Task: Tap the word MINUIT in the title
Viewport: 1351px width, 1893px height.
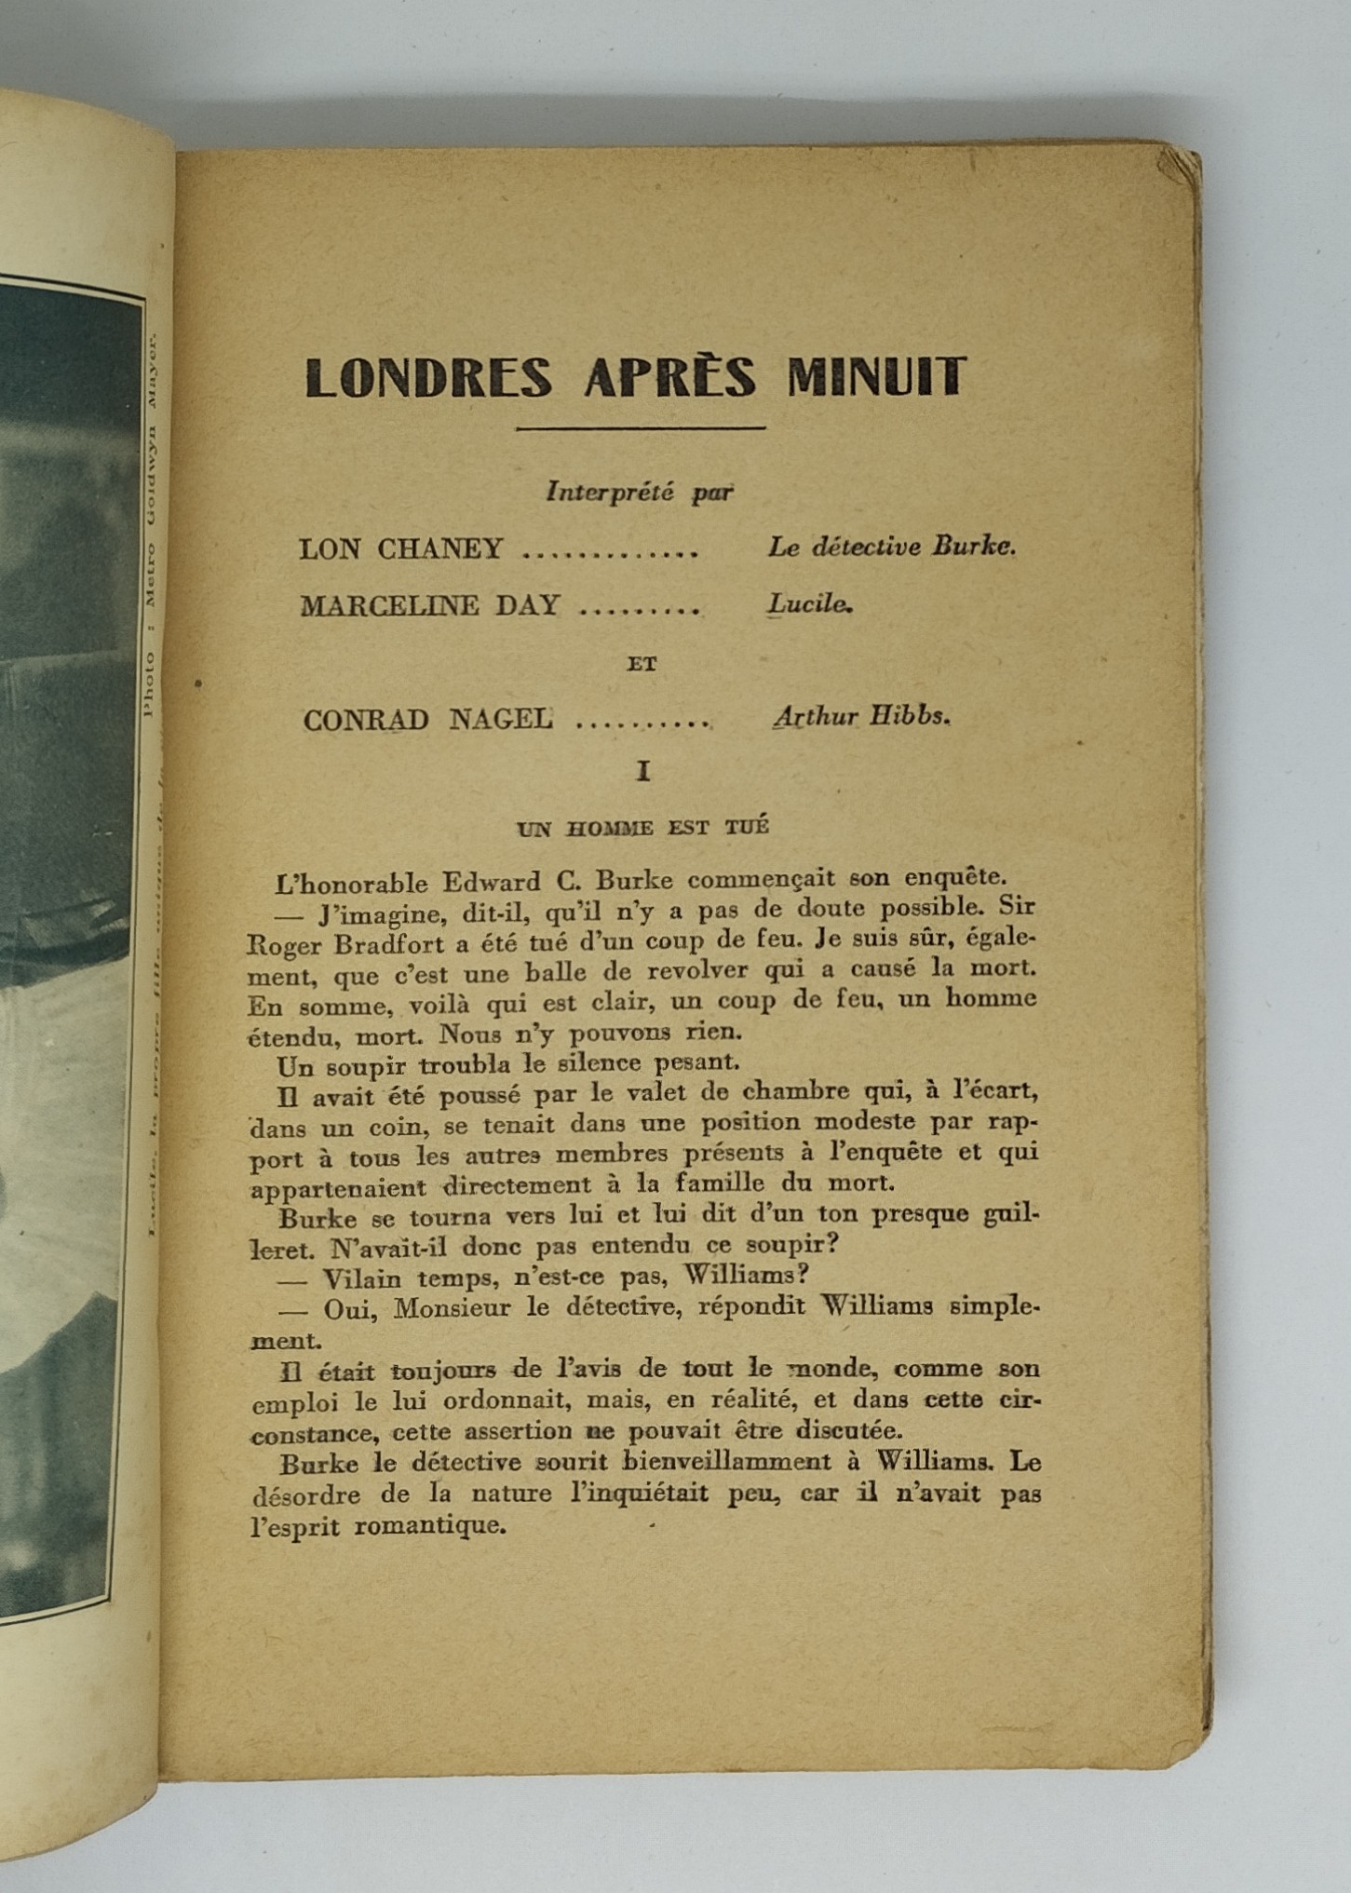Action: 876,378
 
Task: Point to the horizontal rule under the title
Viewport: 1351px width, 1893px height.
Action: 641,428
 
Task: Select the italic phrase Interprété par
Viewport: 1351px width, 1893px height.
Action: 639,492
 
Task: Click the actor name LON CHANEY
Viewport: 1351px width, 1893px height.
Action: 400,548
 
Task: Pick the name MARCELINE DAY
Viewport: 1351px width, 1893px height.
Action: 429,606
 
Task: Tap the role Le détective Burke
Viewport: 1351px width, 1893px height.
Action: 891,547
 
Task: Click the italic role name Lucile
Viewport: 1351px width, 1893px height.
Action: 808,604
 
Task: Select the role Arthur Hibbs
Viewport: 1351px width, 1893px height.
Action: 861,716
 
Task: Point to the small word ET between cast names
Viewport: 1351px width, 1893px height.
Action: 642,664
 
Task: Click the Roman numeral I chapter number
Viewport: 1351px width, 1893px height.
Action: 642,771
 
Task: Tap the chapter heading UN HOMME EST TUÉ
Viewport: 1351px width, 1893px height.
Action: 642,827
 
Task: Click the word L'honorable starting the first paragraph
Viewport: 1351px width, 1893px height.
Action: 352,883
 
